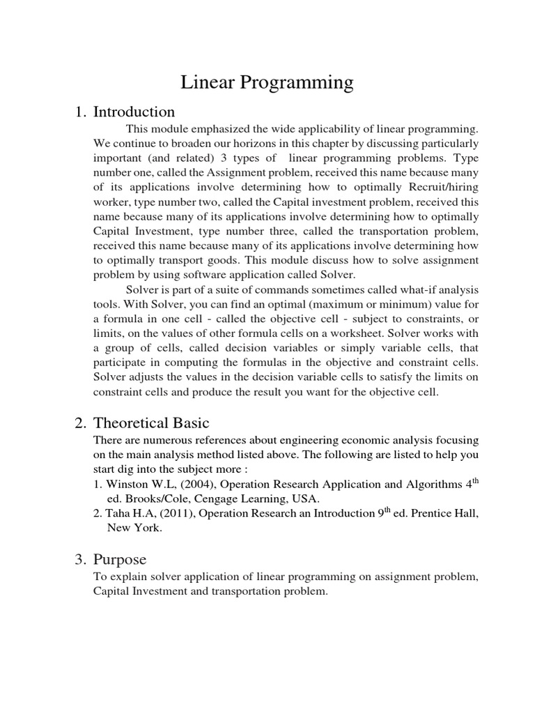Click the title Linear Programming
pyautogui.click(x=267, y=83)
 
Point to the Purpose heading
pyautogui.click(x=120, y=560)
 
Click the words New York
pyautogui.click(x=134, y=529)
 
